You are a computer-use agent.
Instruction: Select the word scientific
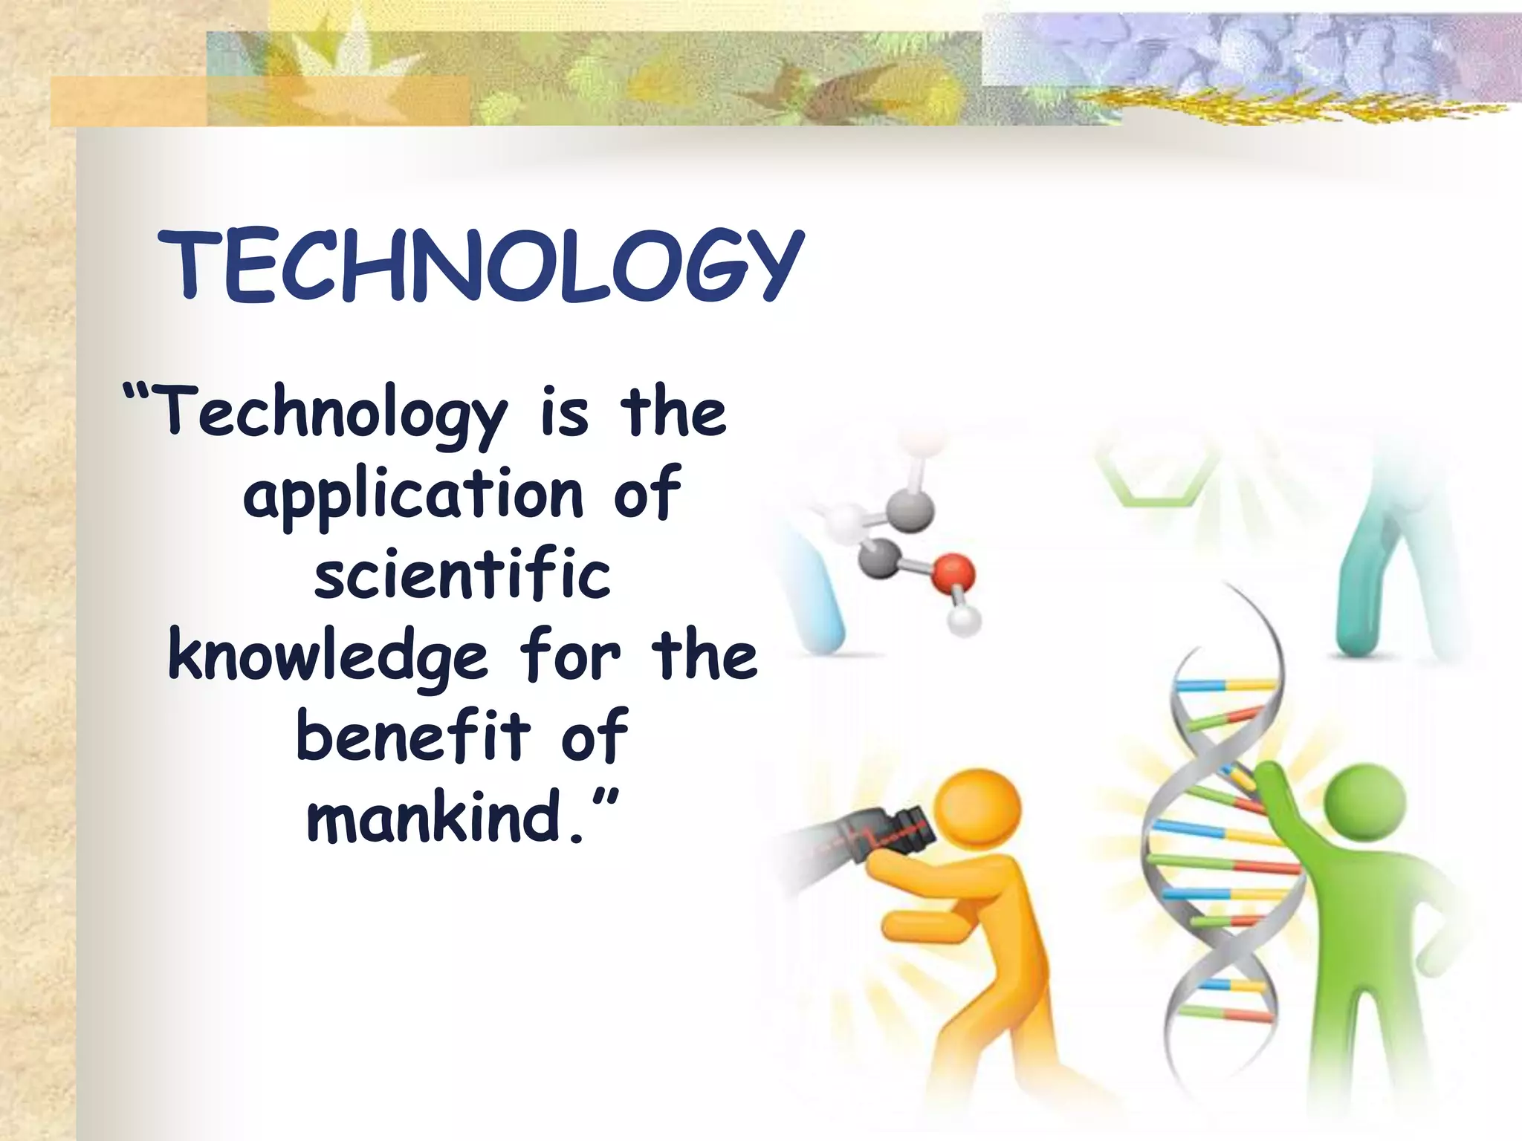462,575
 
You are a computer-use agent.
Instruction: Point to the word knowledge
328,657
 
